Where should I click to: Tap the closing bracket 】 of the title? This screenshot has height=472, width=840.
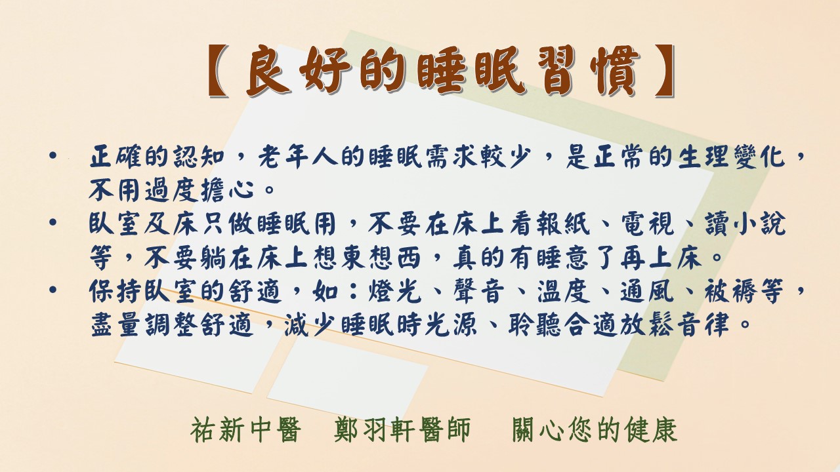click(x=665, y=71)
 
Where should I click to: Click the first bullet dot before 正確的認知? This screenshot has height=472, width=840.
click(x=53, y=155)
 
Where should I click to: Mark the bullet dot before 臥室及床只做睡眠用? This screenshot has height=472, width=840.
click(x=53, y=222)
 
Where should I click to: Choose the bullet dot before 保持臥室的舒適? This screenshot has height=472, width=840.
click(x=53, y=290)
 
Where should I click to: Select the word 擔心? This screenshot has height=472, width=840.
click(x=227, y=189)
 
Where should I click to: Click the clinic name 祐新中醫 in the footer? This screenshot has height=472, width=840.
click(x=246, y=430)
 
